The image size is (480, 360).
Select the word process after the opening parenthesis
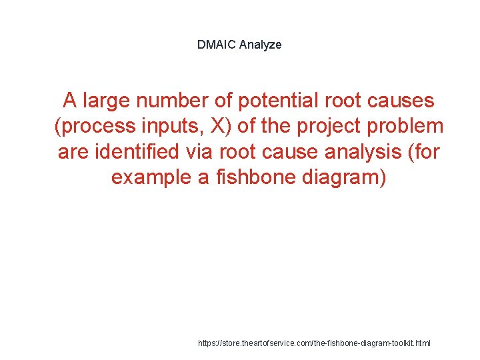point(95,126)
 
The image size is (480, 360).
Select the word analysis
point(361,152)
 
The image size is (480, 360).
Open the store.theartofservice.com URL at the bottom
point(315,343)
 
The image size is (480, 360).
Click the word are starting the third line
point(73,152)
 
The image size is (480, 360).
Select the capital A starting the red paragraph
point(69,101)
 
